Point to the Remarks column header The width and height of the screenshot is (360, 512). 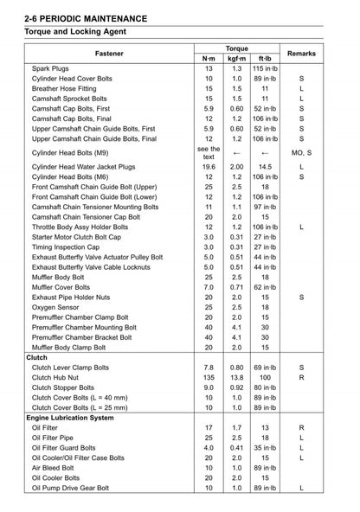(301, 54)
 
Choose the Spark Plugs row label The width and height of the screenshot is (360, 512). (53, 68)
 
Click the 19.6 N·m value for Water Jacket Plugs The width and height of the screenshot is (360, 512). (209, 166)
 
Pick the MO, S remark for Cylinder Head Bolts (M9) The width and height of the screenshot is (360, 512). (301, 152)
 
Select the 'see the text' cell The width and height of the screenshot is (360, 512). (209, 152)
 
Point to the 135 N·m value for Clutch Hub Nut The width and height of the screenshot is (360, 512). (209, 377)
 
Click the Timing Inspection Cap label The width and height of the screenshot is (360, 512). (67, 246)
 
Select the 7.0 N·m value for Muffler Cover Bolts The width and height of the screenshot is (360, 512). (209, 285)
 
